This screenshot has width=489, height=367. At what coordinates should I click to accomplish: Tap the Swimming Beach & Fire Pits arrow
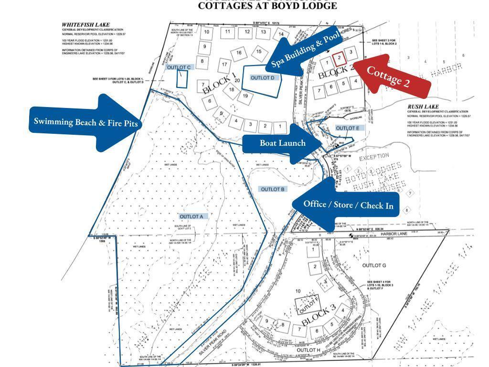pyautogui.click(x=86, y=122)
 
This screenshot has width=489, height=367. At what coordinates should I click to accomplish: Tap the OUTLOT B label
pyautogui.click(x=273, y=189)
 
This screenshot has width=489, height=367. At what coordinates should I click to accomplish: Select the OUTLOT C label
pyautogui.click(x=179, y=67)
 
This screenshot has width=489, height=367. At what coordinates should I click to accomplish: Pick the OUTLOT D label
pyautogui.click(x=263, y=78)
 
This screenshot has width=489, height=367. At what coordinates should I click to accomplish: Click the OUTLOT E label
pyautogui.click(x=347, y=128)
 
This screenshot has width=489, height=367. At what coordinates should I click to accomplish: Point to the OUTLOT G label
pyautogui.click(x=374, y=265)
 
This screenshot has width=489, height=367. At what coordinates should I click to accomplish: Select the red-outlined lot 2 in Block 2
pyautogui.click(x=339, y=59)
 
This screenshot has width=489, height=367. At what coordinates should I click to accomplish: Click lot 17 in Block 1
pyautogui.click(x=224, y=64)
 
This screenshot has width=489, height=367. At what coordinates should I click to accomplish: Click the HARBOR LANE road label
pyautogui.click(x=393, y=233)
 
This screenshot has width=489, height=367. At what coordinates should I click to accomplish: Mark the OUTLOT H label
pyautogui.click(x=308, y=350)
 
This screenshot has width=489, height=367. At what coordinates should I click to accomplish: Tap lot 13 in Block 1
pyautogui.click(x=263, y=32)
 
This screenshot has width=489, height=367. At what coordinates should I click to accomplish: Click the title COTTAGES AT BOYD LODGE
pyautogui.click(x=267, y=6)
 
